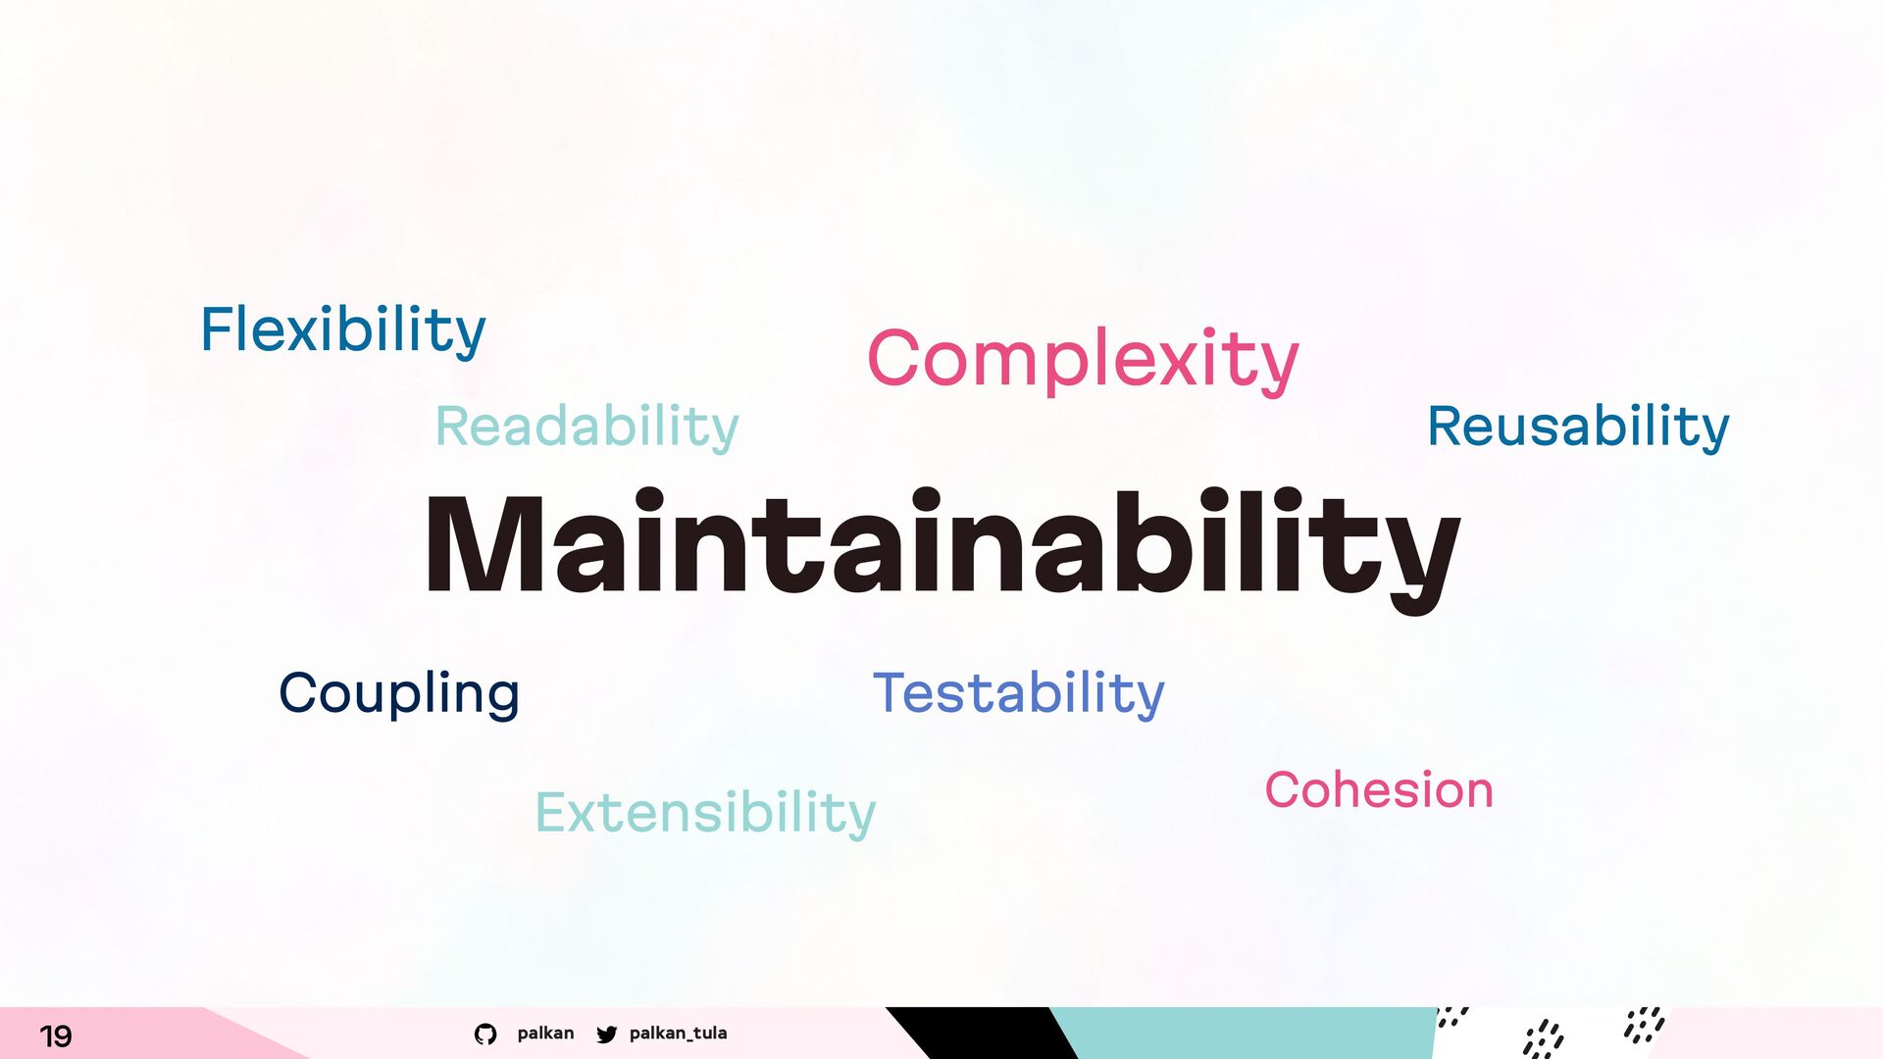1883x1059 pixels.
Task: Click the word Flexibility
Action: (x=343, y=330)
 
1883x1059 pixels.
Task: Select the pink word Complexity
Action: (x=1083, y=360)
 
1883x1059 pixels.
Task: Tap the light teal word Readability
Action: (x=586, y=427)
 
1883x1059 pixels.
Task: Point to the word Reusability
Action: (x=1578, y=427)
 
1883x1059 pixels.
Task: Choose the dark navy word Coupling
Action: (x=399, y=694)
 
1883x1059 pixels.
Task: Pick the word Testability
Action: (x=1019, y=693)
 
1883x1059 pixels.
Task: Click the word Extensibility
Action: (x=705, y=813)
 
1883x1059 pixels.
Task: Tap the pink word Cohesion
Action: (x=1379, y=789)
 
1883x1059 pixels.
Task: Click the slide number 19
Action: (x=56, y=1035)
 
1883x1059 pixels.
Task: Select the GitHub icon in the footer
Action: (x=485, y=1034)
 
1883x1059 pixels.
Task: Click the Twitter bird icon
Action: (x=607, y=1034)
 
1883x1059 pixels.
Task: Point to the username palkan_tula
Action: (x=679, y=1034)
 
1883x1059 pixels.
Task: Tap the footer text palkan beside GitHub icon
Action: (x=545, y=1034)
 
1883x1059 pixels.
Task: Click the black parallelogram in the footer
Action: (x=981, y=1034)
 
